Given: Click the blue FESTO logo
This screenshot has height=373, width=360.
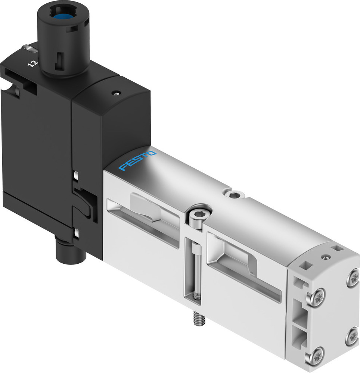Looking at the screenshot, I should (x=137, y=161).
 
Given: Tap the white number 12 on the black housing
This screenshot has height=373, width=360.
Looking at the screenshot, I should (x=33, y=64).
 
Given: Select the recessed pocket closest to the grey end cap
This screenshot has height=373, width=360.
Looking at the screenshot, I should (x=243, y=265).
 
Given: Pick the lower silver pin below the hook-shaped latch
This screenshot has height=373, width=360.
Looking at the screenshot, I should (x=76, y=234).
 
